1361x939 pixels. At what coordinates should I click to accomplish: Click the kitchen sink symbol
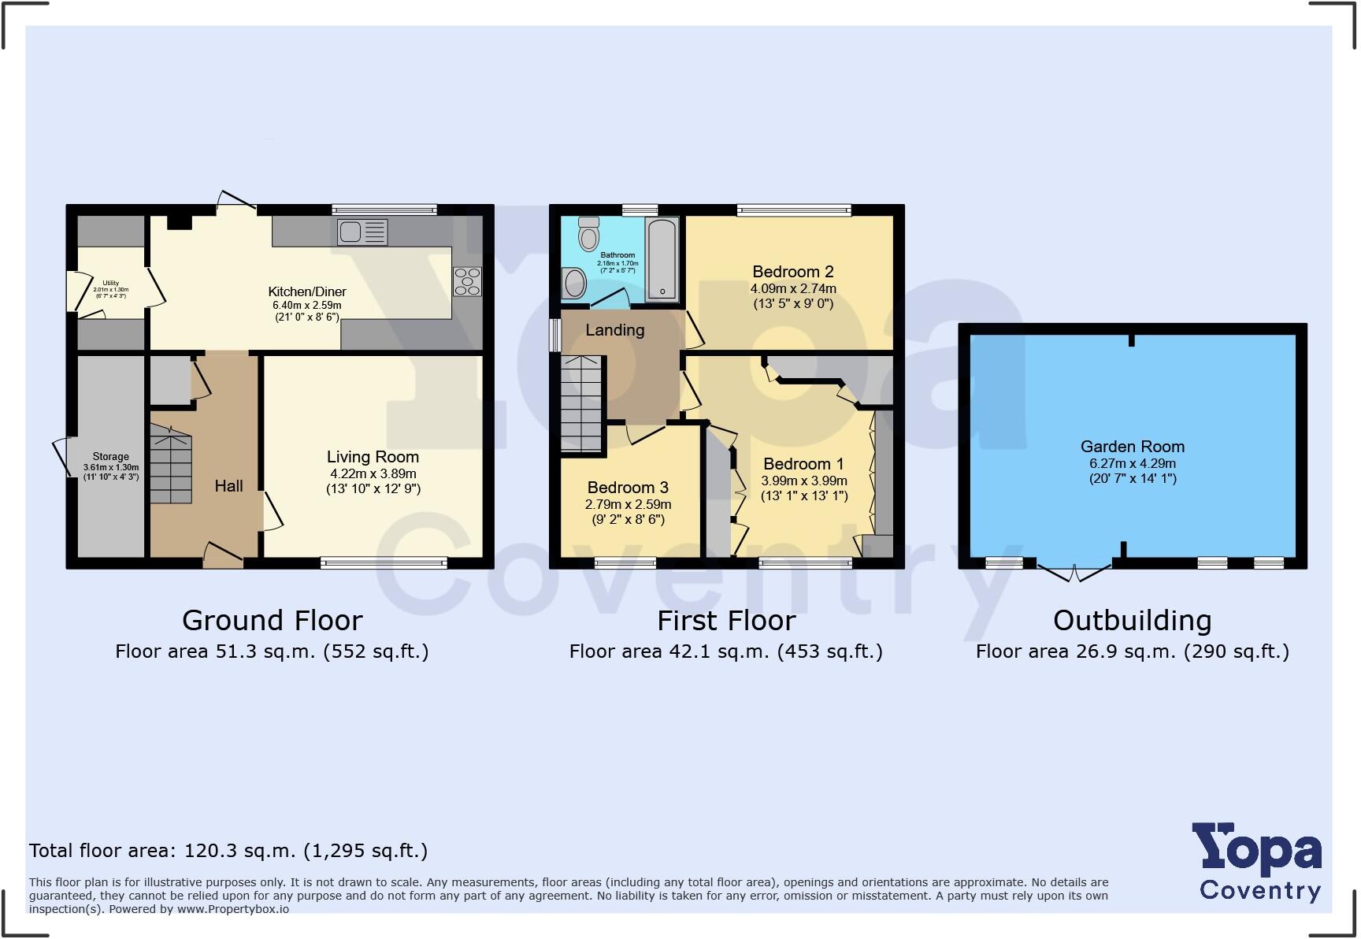click(362, 232)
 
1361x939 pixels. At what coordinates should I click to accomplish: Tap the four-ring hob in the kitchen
click(467, 282)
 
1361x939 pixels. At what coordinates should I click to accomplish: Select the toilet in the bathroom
click(588, 234)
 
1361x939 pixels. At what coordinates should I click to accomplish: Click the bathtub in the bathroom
click(662, 260)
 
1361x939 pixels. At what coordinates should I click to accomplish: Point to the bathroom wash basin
click(575, 283)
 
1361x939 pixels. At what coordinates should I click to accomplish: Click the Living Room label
click(373, 457)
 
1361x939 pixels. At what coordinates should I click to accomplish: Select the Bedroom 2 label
click(792, 272)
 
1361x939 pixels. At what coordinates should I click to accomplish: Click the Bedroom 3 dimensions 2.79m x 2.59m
click(628, 504)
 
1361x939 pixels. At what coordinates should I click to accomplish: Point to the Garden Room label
click(1132, 447)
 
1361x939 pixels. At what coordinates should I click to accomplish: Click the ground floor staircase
click(171, 465)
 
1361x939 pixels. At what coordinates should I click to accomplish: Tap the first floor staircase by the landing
click(581, 403)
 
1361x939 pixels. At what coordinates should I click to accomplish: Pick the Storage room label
click(110, 457)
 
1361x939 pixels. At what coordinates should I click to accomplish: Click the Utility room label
click(110, 284)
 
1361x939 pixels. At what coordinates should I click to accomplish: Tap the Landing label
click(614, 330)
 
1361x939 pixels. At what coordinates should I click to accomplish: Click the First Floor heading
click(726, 621)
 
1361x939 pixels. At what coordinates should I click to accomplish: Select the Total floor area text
click(228, 851)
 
